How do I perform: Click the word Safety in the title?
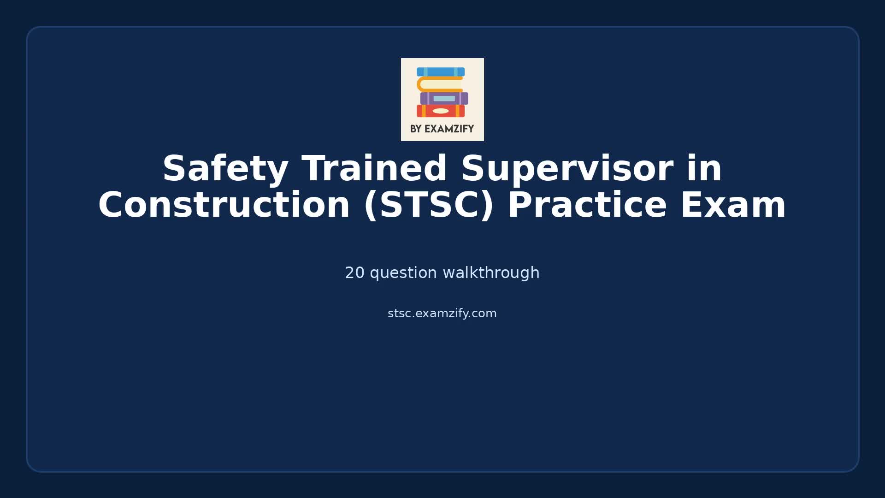click(225, 169)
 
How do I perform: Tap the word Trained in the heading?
click(374, 169)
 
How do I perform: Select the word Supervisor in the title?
click(566, 169)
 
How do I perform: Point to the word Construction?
click(224, 206)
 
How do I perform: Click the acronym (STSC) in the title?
click(429, 206)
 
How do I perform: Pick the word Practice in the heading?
click(587, 206)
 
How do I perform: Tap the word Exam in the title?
click(733, 206)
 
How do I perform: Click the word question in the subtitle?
click(403, 273)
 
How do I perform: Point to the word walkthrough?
click(491, 273)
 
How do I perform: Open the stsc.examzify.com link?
click(442, 314)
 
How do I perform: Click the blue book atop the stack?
click(441, 72)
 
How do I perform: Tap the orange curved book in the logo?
click(421, 84)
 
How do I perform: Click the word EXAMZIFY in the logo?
click(449, 129)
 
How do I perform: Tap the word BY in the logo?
click(416, 129)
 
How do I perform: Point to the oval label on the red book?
click(441, 111)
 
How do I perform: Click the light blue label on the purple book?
click(444, 98)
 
